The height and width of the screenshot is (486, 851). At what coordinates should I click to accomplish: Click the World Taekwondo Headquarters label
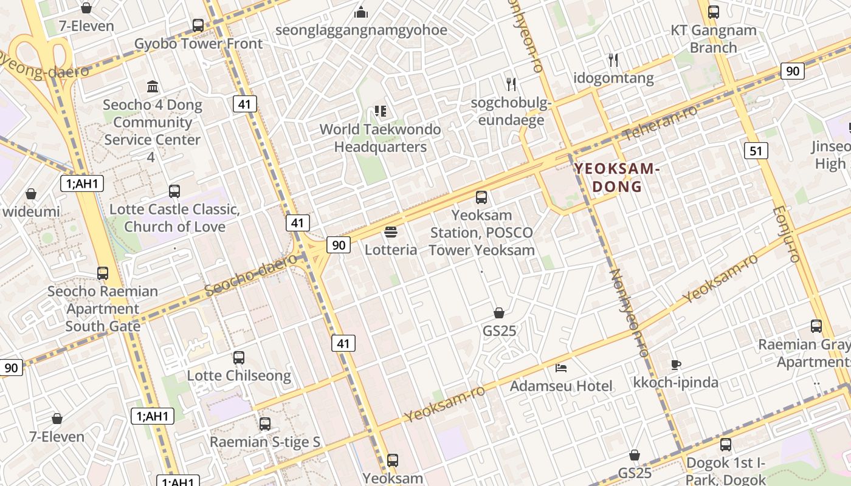[381, 138]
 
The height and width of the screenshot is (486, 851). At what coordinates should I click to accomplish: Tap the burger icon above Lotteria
[391, 232]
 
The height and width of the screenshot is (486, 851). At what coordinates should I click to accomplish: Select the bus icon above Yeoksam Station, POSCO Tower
[481, 197]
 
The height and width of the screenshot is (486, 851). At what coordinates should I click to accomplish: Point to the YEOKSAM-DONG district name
[618, 177]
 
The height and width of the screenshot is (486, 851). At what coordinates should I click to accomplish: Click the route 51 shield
[755, 150]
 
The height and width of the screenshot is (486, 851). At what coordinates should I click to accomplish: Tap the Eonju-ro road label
[786, 234]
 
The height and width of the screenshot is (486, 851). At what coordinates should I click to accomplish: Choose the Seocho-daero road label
[250, 277]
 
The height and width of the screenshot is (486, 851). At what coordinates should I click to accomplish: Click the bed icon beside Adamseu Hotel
[561, 368]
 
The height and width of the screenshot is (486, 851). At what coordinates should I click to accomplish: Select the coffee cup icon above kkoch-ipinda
[675, 364]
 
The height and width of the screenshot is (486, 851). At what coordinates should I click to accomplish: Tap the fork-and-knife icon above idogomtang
[613, 60]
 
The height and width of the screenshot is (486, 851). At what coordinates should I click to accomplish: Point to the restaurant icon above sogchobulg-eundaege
[511, 84]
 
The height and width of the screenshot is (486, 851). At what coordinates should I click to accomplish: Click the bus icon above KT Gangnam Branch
[714, 12]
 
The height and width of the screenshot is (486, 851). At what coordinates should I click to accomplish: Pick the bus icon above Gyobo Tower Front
[198, 26]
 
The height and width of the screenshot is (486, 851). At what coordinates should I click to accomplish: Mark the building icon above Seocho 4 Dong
[153, 87]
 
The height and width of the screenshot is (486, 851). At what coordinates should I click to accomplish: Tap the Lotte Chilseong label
[239, 375]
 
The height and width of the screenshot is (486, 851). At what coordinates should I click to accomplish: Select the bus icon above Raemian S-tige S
[265, 424]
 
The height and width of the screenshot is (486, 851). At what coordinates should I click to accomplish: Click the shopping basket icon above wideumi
[31, 194]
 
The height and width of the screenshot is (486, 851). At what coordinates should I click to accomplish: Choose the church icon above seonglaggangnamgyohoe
[362, 12]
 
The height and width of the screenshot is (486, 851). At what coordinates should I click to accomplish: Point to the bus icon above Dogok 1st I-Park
[726, 445]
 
